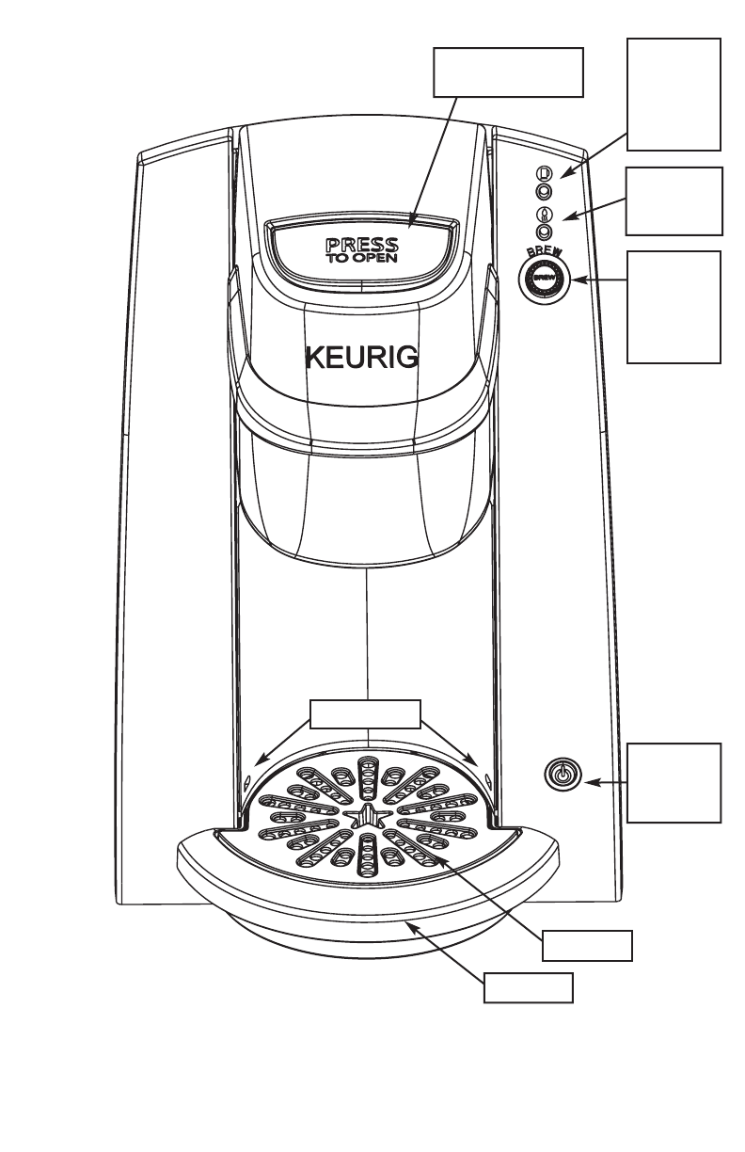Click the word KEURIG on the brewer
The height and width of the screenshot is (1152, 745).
[362, 359]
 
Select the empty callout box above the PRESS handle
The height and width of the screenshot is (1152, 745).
[508, 72]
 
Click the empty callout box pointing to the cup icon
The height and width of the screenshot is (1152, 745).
[674, 94]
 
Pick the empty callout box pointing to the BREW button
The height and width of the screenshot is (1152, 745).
[674, 307]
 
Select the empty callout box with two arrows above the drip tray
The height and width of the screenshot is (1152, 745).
[366, 714]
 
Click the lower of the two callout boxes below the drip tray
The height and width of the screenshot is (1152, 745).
[528, 987]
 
